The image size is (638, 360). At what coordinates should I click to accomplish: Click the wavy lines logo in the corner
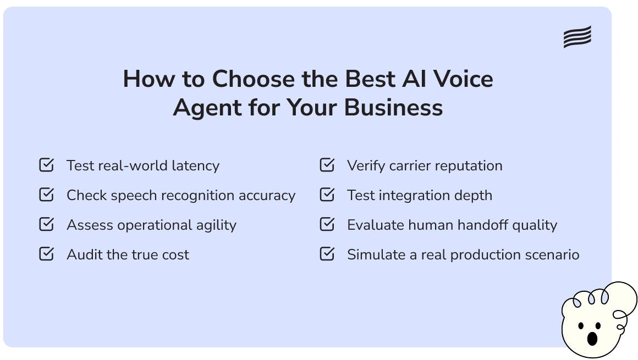point(577,37)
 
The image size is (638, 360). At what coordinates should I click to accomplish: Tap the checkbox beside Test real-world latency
point(47,165)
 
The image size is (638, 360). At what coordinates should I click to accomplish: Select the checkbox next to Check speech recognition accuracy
point(47,195)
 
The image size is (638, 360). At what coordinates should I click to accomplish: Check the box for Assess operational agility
point(47,224)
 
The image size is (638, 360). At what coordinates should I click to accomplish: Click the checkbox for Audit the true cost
point(47,254)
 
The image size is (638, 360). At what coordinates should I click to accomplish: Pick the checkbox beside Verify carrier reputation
point(327,165)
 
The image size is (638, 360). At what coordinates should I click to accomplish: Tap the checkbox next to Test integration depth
point(327,195)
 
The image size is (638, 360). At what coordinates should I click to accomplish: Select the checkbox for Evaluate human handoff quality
point(327,224)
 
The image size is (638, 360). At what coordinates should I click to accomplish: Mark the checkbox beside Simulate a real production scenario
point(327,254)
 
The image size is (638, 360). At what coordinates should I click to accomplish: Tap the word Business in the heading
point(393,107)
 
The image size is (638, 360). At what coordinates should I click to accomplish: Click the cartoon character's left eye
point(581,326)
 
